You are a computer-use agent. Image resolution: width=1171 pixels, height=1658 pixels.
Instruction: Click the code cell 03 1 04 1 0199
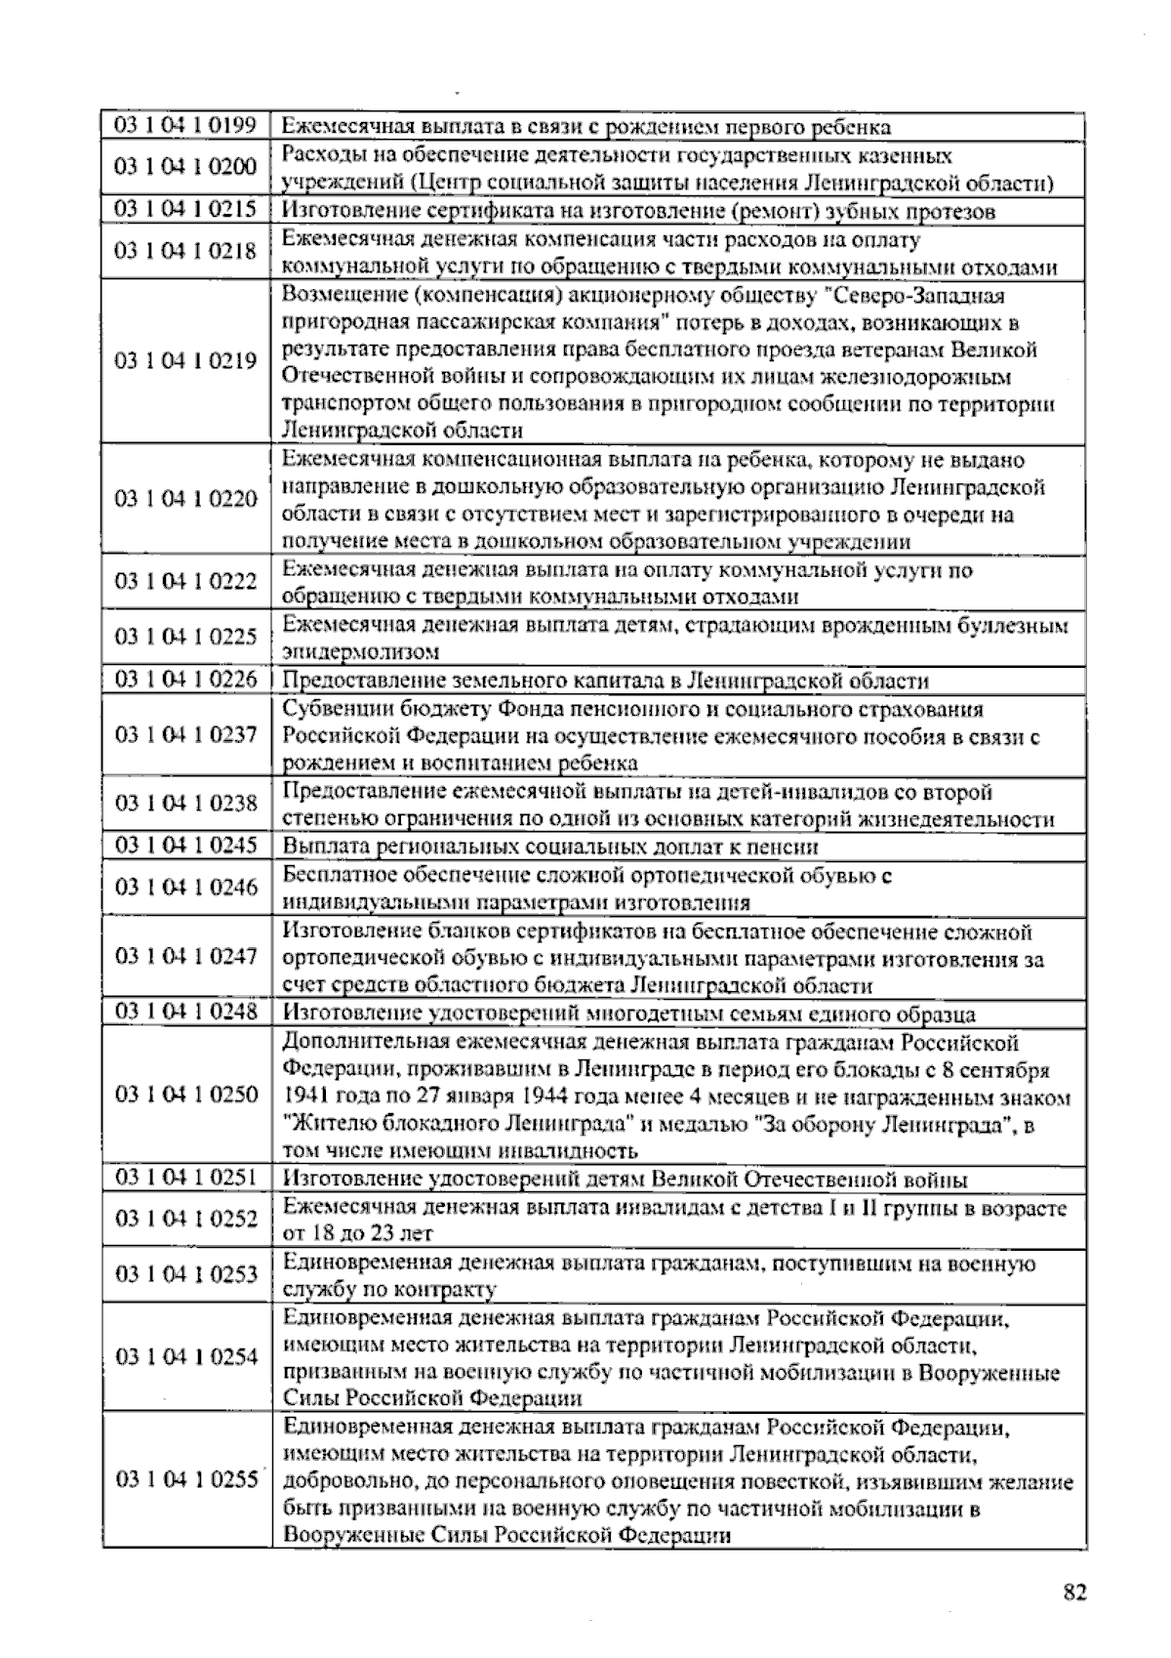click(x=185, y=126)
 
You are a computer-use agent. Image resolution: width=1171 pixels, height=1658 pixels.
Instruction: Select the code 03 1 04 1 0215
click(x=185, y=210)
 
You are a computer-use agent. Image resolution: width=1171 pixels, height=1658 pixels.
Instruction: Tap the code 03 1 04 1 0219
click(x=185, y=361)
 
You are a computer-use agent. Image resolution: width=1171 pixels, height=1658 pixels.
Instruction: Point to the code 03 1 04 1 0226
click(x=185, y=680)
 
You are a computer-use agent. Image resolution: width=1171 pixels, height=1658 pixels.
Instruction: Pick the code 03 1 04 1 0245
click(x=185, y=846)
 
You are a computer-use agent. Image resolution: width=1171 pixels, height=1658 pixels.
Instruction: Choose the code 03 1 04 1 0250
click(x=185, y=1094)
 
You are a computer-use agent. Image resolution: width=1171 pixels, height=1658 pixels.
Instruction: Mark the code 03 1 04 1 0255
click(x=185, y=1479)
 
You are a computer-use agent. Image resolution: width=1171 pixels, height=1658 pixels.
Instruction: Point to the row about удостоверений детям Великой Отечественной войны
click(x=625, y=1180)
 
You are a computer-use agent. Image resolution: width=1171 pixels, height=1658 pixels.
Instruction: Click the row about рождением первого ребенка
click(x=585, y=127)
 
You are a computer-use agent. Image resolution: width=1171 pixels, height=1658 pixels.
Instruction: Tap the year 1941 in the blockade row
click(x=304, y=1096)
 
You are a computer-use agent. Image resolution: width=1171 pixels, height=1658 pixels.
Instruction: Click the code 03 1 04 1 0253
click(x=185, y=1273)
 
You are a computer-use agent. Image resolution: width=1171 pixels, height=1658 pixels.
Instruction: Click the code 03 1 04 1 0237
click(x=185, y=735)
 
